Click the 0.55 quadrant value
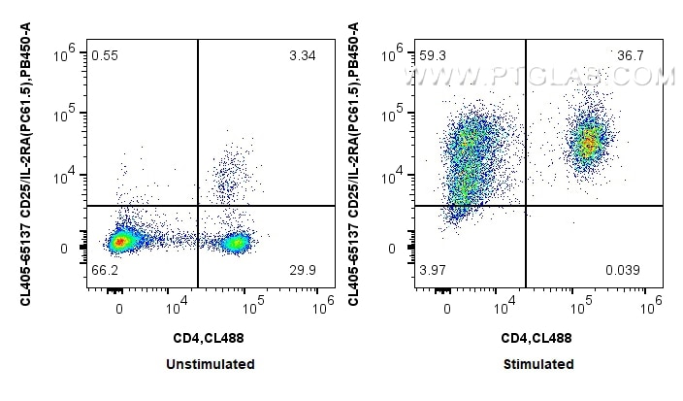(x=105, y=56)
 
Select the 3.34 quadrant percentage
(x=302, y=56)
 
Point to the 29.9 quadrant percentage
(x=302, y=269)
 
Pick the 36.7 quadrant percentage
(x=630, y=56)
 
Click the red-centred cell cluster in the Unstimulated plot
(x=120, y=240)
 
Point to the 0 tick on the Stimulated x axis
(x=447, y=308)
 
